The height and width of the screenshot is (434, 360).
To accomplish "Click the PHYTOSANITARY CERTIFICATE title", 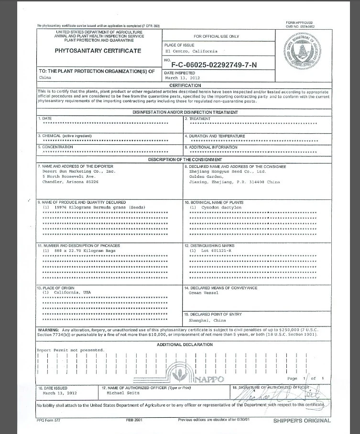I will [98, 51].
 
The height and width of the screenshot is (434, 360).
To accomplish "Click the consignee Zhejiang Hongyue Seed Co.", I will [227, 171].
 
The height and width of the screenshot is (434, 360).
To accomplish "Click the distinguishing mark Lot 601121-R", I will [210, 250].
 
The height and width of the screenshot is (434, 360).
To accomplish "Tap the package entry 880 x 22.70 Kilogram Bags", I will [79, 250].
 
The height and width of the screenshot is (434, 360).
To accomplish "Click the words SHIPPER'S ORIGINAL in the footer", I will [301, 421].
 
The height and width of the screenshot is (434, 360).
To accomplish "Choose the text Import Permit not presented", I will [71, 350].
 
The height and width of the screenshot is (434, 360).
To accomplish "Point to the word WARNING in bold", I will [48, 330].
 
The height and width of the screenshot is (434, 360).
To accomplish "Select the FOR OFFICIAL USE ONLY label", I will [217, 36].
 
